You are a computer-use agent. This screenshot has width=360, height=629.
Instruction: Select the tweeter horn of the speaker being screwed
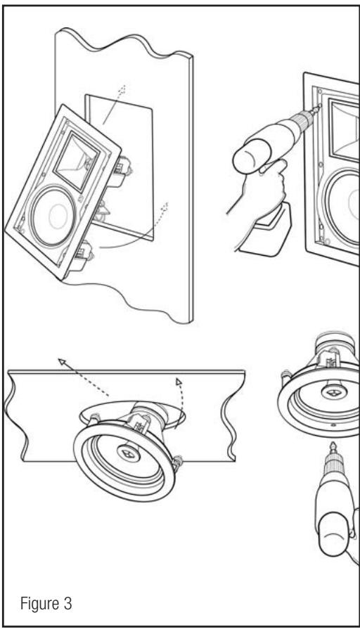click(x=344, y=128)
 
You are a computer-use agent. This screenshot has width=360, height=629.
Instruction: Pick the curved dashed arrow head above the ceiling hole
click(x=179, y=381)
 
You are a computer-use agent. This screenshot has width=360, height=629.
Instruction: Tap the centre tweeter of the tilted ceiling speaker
click(x=129, y=454)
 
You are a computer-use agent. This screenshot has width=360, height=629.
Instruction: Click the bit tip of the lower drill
click(x=333, y=446)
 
